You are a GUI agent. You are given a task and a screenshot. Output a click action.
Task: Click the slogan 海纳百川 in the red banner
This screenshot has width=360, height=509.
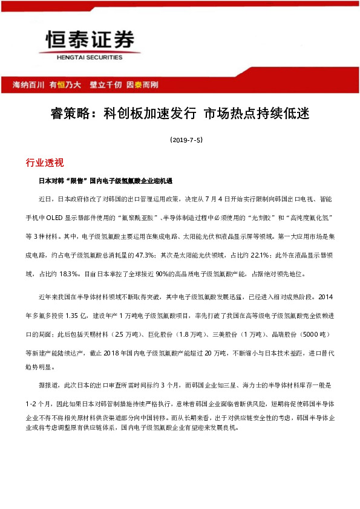coord(29,85)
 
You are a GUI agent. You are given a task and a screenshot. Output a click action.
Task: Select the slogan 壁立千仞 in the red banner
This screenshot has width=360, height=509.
coord(105,85)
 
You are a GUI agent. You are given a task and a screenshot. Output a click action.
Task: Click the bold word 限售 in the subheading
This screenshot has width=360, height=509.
coord(77,181)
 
